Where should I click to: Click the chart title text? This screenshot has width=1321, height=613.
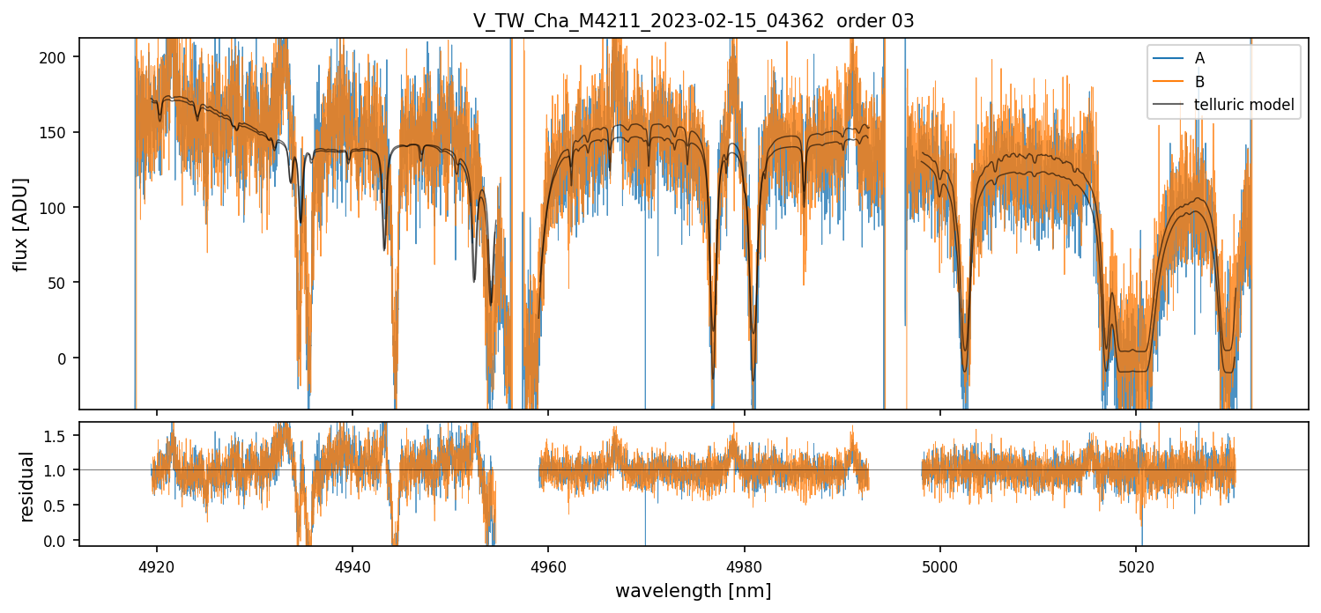click(694, 21)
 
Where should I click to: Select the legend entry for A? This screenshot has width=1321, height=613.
click(1199, 58)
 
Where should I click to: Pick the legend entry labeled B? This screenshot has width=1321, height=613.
click(1199, 81)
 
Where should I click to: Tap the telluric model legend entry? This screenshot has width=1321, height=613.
click(1243, 105)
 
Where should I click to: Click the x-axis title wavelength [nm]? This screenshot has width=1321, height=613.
click(694, 591)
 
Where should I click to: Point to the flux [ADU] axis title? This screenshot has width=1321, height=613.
click(20, 224)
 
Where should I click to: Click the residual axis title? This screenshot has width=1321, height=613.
click(27, 486)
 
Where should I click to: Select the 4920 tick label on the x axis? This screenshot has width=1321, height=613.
click(158, 564)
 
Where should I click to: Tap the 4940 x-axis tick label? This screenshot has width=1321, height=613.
click(353, 564)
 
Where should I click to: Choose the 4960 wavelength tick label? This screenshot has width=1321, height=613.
click(548, 564)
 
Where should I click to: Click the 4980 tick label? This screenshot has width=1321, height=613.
click(745, 564)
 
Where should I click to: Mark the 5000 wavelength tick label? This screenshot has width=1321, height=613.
click(940, 564)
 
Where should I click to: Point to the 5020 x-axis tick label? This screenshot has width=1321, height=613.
click(1136, 564)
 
